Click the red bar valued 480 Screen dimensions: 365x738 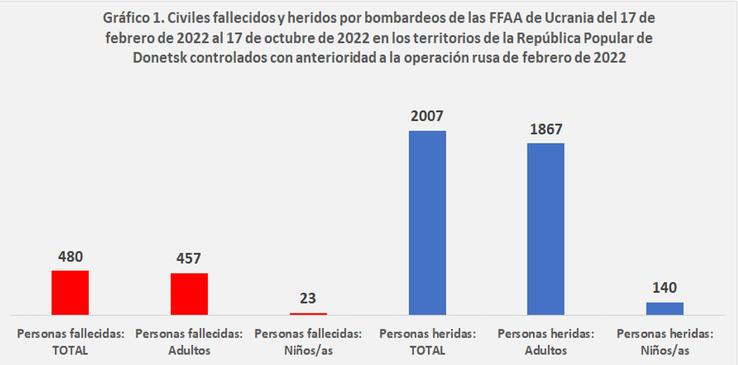[x=70, y=293]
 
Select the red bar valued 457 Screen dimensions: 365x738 [x=189, y=294]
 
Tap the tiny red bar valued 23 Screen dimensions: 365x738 [x=308, y=314]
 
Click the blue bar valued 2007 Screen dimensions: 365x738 [x=427, y=222]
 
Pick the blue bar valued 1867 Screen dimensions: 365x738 [x=546, y=229]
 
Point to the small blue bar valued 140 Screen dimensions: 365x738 [x=665, y=309]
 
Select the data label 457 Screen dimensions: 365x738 [x=189, y=258]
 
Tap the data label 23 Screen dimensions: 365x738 [x=308, y=298]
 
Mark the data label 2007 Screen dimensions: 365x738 [x=427, y=116]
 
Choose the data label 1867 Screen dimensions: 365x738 [x=546, y=129]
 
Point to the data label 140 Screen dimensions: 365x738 [x=665, y=287]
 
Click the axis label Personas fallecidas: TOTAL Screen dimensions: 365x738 [x=70, y=342]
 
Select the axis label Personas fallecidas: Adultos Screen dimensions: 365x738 [x=189, y=342]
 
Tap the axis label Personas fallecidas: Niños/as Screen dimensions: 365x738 [x=308, y=342]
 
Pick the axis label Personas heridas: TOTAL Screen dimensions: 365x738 [x=427, y=342]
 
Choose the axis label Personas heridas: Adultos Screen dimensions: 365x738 [x=546, y=342]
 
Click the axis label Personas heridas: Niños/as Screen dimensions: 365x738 [x=665, y=342]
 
